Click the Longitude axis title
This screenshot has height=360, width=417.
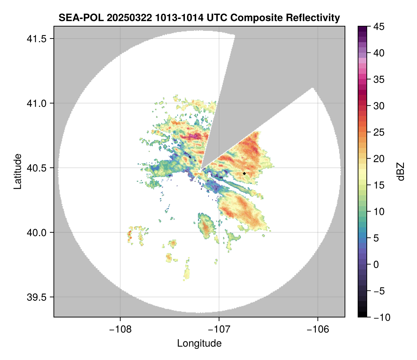click(199, 343)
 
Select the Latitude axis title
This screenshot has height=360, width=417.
click(17, 171)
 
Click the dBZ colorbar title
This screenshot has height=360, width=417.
click(401, 172)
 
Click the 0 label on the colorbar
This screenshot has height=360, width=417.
click(377, 264)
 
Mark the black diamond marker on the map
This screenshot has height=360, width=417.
click(244, 173)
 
